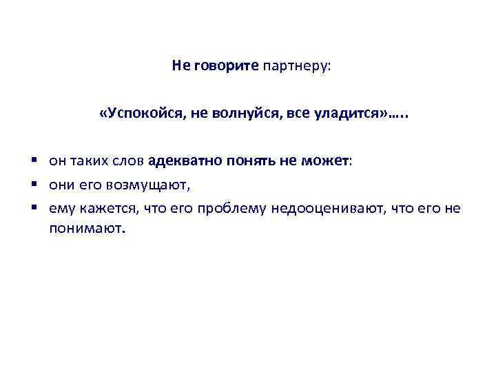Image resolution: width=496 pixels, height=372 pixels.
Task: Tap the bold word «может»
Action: (327, 161)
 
